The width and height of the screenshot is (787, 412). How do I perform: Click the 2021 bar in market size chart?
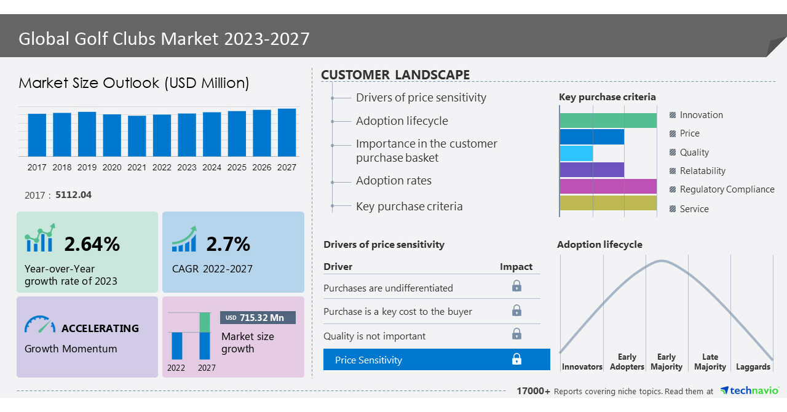137,136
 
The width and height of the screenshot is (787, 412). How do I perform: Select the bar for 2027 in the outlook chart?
287,132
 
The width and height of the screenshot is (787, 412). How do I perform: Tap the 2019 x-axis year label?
87,167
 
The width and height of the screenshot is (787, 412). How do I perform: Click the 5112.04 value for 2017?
73,195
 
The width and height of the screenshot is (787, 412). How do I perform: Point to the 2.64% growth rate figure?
92,244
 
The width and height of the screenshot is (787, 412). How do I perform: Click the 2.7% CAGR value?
228,244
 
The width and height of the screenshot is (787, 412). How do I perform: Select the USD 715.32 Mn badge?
258,318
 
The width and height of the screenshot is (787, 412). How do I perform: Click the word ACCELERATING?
100,328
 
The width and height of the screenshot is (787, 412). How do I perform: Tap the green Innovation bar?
608,121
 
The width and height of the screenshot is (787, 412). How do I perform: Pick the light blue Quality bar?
576,153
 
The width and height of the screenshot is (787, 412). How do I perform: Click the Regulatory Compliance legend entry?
726,189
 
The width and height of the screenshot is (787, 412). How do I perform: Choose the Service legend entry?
694,209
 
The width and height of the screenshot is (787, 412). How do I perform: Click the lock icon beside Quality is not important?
516,334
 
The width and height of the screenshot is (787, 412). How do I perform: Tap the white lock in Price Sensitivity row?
516,359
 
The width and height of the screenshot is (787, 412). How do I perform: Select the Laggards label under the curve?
753,367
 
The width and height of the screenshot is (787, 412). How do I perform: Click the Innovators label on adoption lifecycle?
582,367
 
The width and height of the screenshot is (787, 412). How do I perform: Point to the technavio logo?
749,391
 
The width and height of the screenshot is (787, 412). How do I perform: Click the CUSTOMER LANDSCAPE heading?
395,75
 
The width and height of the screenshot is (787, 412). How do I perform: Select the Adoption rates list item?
393,181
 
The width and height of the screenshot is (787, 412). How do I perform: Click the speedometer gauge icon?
40,324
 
